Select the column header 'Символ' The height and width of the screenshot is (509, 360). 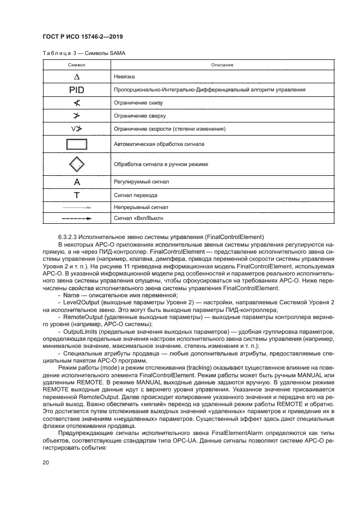tap(76, 65)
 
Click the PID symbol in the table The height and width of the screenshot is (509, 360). tap(77, 90)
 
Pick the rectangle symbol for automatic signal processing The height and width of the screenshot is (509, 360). tap(77, 144)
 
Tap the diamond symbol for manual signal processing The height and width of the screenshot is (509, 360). tap(77, 164)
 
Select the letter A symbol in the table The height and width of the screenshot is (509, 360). tap(77, 182)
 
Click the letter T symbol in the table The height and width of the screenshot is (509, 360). tap(77, 195)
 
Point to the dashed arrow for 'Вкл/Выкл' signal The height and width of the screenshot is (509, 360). tap(77, 218)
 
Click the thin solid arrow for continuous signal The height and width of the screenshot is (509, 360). tap(77, 207)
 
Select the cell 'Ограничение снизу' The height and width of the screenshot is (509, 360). tap(138, 103)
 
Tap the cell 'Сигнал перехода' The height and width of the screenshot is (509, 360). tap(136, 195)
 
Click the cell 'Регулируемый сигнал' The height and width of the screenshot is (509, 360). tap(141, 182)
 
